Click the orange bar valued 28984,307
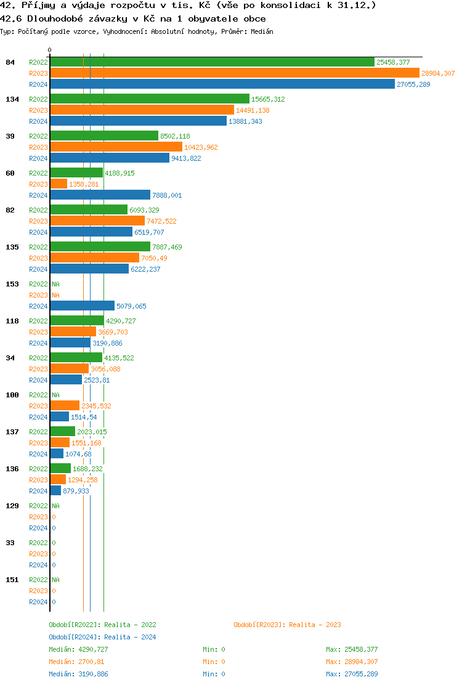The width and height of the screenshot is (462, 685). [234, 73]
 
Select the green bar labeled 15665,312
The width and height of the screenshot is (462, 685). [150, 99]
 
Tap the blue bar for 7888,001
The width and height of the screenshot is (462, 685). [100, 195]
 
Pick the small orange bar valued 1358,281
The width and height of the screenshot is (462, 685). [59, 184]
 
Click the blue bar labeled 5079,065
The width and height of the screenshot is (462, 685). [82, 306]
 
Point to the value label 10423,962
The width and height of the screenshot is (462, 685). [201, 147]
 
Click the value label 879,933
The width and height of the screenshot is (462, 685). [76, 491]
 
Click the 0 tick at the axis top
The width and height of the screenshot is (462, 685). [50, 50]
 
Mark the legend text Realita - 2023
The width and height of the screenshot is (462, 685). [315, 625]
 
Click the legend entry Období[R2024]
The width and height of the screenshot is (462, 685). [75, 637]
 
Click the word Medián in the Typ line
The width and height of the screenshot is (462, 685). [262, 31]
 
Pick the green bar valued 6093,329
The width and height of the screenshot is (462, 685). [89, 210]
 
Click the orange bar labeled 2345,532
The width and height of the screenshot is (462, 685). [65, 406]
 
